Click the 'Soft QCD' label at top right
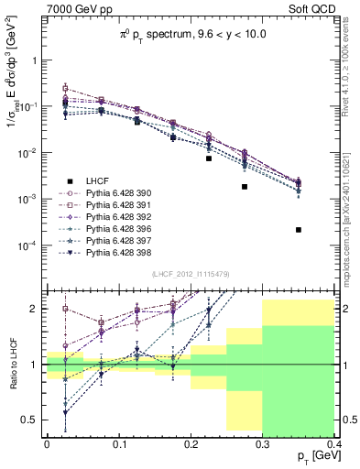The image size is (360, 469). coord(311,8)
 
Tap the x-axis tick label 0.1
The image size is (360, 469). coord(118,444)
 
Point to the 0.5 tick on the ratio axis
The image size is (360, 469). coord(32,420)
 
